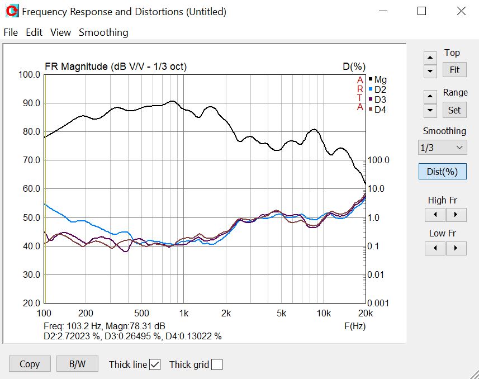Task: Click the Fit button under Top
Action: (x=454, y=70)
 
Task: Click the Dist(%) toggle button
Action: (x=442, y=172)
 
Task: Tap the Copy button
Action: (x=30, y=364)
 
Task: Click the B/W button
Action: (x=77, y=364)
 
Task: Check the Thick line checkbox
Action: (x=155, y=364)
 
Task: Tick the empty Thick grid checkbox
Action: (x=217, y=364)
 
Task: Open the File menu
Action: (x=11, y=32)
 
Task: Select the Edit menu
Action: (x=34, y=32)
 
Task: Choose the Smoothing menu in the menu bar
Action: (x=103, y=32)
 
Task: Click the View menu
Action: (x=60, y=32)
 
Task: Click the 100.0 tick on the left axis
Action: (x=30, y=74)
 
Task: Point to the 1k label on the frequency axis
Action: (x=183, y=313)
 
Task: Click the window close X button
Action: (x=461, y=11)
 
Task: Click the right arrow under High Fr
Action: (x=456, y=215)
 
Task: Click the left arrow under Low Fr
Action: (x=435, y=248)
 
